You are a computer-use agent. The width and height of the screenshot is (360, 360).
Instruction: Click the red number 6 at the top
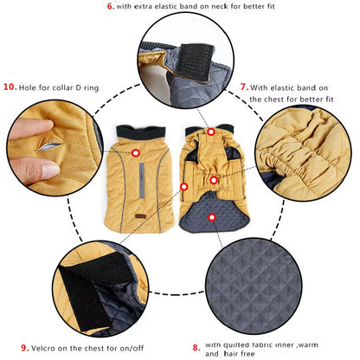(x=110, y=7)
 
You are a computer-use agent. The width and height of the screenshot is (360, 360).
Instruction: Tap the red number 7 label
(x=244, y=87)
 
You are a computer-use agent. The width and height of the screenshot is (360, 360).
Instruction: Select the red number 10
(x=10, y=87)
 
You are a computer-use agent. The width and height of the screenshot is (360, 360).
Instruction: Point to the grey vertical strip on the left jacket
(x=155, y=181)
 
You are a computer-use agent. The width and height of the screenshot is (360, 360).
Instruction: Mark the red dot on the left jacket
(x=137, y=152)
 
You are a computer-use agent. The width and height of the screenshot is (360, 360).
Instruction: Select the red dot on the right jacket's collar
(x=211, y=132)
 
